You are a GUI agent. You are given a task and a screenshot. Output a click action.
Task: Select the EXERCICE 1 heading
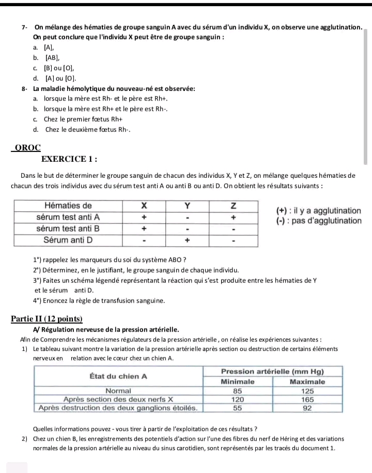pyautogui.click(x=70, y=159)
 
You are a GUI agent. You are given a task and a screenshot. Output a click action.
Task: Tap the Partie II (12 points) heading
pyautogui.click(x=47, y=318)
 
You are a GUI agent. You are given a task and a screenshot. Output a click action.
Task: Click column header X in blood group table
pyautogui.click(x=145, y=206)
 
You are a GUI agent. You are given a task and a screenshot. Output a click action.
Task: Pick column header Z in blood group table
pyautogui.click(x=234, y=206)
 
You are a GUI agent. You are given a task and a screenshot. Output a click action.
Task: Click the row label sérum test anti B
pyautogui.click(x=68, y=228)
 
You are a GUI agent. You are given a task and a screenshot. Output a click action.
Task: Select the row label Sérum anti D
pyautogui.click(x=68, y=240)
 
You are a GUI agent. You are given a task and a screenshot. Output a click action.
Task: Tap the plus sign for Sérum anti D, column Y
pyautogui.click(x=188, y=240)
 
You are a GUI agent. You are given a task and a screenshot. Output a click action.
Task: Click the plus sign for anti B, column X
pyautogui.click(x=145, y=228)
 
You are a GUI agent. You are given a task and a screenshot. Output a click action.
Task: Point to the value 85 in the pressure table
pyautogui.click(x=238, y=391)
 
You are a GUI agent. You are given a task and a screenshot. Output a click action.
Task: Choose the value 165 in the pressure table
pyautogui.click(x=307, y=399)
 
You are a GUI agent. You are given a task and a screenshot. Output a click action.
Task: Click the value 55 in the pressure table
pyautogui.click(x=238, y=408)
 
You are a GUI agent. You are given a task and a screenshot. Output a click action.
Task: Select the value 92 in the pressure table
pyautogui.click(x=307, y=408)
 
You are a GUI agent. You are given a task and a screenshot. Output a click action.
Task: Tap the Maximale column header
pyautogui.click(x=307, y=382)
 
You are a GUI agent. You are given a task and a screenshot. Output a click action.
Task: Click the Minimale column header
pyautogui.click(x=238, y=382)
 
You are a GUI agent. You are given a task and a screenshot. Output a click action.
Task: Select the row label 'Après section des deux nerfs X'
pyautogui.click(x=118, y=399)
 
